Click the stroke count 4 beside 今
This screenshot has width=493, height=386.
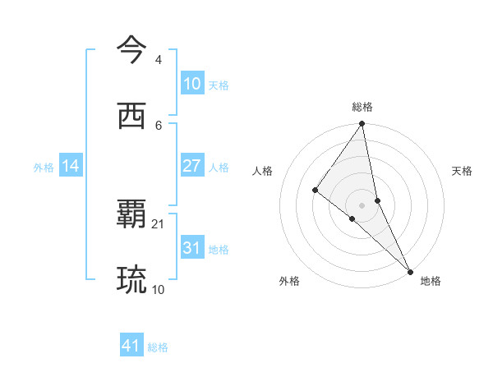(x=158, y=60)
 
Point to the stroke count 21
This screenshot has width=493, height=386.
(x=158, y=223)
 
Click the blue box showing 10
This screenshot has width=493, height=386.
(x=192, y=84)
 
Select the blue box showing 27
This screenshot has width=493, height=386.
(x=192, y=166)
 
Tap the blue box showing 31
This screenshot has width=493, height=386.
(x=192, y=248)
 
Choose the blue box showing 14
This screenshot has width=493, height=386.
(x=71, y=166)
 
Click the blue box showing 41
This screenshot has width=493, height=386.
(x=131, y=346)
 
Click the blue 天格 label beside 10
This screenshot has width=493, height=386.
(x=219, y=85)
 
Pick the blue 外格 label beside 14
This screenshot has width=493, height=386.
(x=44, y=168)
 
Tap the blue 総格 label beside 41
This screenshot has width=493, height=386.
(x=158, y=347)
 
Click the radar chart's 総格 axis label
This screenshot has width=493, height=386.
(x=362, y=107)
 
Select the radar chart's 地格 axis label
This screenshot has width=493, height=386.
(x=431, y=281)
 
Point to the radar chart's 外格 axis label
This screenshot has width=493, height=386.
(x=289, y=281)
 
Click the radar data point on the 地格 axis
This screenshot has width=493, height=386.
(x=410, y=271)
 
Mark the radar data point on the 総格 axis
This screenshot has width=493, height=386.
(x=362, y=124)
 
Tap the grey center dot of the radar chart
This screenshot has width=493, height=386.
(x=362, y=204)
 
